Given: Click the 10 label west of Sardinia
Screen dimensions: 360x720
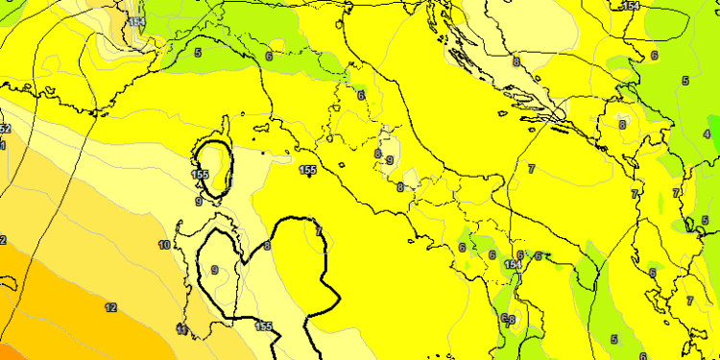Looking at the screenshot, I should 164,246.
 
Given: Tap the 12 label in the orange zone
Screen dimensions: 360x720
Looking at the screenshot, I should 111,308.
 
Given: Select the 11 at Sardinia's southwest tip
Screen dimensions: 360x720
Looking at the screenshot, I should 181,330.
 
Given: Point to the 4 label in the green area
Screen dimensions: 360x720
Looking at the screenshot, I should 707,134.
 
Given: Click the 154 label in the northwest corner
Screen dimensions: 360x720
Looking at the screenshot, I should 136,22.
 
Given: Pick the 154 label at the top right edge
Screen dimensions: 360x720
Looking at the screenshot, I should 630,6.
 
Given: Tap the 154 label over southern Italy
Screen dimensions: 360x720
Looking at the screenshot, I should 514,265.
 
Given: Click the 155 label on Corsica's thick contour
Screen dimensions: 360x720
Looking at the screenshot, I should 201,175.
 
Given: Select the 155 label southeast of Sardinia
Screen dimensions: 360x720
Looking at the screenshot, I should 264,326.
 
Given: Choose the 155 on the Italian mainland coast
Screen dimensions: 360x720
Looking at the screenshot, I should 308,171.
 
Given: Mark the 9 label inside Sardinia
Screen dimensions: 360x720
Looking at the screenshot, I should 214,270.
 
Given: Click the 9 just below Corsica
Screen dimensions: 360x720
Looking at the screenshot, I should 199,201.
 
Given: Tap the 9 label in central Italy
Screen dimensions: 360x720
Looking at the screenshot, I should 389,160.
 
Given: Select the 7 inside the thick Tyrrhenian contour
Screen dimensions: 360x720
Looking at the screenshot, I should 318,231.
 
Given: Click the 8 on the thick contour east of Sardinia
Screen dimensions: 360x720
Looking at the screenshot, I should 267,247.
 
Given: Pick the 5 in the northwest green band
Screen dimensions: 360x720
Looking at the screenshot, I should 198,52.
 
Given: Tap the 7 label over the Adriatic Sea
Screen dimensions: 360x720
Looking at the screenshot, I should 531,169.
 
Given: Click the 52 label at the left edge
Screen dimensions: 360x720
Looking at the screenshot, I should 5,129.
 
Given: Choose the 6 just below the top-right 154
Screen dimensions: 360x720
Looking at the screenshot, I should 654,55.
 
